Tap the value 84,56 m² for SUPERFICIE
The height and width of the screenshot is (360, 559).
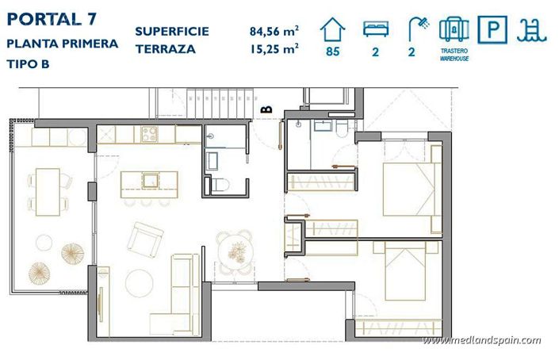[x=274, y=32]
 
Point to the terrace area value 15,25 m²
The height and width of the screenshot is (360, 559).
[x=274, y=48]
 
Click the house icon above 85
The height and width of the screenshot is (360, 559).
[x=333, y=30]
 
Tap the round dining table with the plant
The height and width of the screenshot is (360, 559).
[x=235, y=247]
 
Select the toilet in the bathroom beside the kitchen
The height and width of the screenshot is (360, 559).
[x=220, y=185]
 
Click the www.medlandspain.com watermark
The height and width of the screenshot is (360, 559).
[x=482, y=341]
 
